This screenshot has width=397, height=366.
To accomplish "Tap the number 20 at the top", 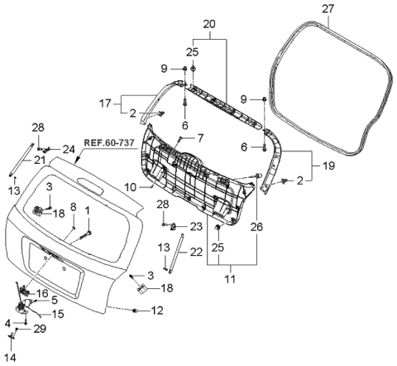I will (208, 23).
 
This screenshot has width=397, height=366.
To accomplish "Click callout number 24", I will (69, 149).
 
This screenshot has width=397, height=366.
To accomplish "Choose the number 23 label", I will (195, 225).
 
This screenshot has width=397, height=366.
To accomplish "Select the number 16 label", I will (43, 294).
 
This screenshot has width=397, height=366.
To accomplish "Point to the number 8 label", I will (73, 207).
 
